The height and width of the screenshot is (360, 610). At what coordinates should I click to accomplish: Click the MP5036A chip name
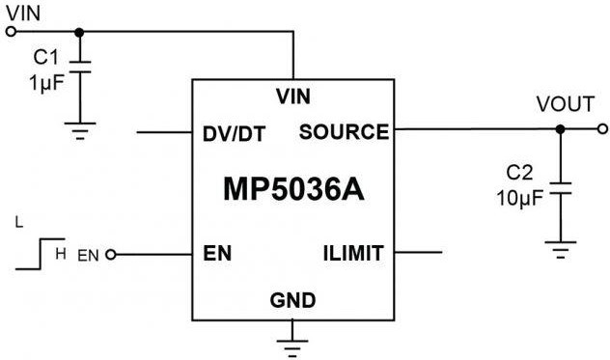292,188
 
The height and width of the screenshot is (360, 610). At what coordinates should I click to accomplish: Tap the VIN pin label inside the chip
292,96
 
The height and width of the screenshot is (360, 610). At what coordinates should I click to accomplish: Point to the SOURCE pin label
344,131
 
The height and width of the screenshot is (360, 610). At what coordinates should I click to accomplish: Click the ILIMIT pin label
353,254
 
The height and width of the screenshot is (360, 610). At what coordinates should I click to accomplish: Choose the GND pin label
293,301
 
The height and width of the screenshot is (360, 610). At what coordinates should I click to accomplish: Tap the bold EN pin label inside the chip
217,255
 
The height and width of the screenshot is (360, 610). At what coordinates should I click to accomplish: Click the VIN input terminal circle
11,31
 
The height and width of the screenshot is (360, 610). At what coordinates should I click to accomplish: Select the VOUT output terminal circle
602,128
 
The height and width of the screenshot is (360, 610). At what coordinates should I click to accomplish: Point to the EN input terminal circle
110,255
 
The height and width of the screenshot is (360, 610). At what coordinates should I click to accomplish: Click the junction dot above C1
79,31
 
